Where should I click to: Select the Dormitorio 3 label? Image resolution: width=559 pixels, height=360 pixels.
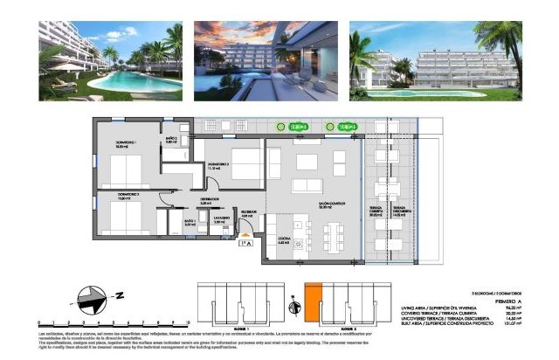[x=219, y=166]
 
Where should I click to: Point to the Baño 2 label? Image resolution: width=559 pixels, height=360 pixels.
[x=172, y=141]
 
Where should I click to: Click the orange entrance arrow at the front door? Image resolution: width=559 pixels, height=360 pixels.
[x=251, y=232]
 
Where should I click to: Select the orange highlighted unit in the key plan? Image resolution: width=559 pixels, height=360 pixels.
[x=313, y=302]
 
